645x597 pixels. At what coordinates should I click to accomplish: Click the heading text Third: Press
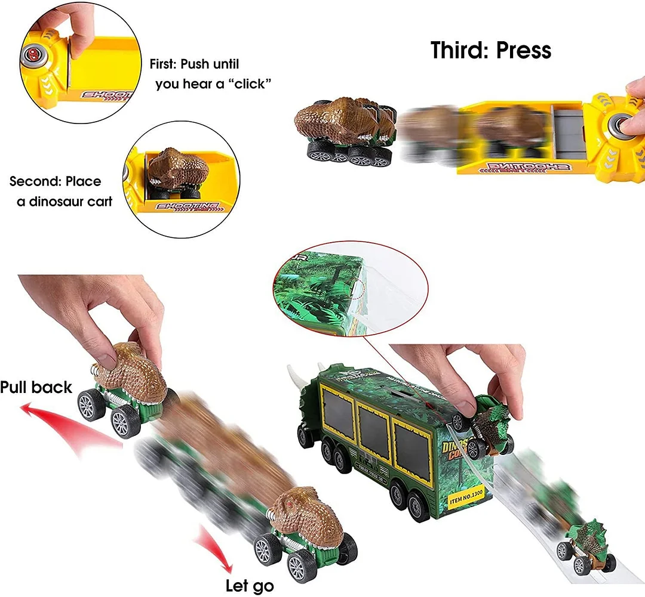(491, 51)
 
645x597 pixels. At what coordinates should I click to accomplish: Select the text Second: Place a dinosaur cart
(60, 191)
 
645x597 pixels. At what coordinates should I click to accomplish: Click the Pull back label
(36, 388)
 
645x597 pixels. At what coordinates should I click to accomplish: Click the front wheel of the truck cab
(306, 436)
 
